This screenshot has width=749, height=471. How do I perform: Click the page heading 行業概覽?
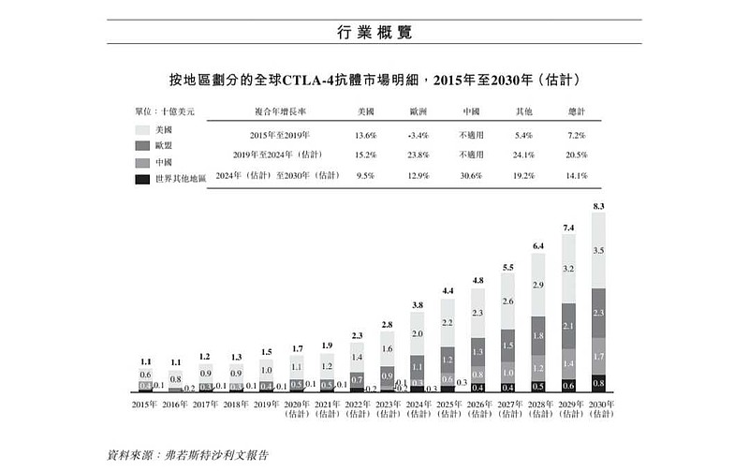click(374, 32)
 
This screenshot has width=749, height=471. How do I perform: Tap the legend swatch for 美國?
click(144, 130)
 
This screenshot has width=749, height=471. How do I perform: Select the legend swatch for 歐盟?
click(144, 146)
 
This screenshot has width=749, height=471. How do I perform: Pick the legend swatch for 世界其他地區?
click(144, 178)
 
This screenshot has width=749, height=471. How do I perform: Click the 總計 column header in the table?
click(579, 111)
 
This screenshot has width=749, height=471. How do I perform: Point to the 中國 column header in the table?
click(471, 111)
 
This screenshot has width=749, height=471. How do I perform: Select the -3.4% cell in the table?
click(419, 135)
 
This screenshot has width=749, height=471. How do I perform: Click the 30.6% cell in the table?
click(471, 174)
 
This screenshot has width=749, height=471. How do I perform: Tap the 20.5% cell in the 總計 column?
click(579, 155)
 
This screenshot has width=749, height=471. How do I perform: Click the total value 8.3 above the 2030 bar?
click(598, 205)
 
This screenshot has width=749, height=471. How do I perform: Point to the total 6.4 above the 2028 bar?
click(538, 245)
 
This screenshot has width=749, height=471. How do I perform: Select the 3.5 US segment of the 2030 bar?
click(598, 251)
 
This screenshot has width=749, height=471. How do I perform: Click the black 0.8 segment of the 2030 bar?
click(598, 383)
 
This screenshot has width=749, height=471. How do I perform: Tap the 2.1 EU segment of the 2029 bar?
click(568, 326)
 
